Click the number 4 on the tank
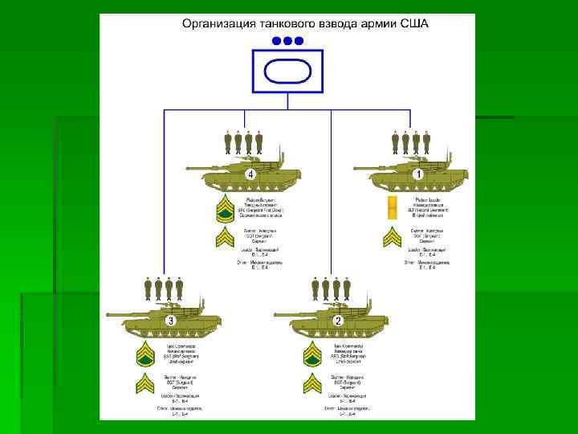tap(250, 174)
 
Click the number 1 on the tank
tap(417, 174)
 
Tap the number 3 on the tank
tap(171, 321)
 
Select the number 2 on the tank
tap(338, 321)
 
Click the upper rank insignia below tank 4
tap(226, 211)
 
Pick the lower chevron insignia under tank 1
tap(392, 239)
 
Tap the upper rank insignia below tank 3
tap(145, 354)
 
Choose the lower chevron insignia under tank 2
tap(312, 384)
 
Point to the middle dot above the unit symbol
tap(287, 40)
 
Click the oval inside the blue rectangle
tap(287, 72)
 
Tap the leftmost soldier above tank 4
tap(228, 142)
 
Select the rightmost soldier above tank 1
tap(426, 142)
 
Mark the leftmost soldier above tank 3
tap(149, 289)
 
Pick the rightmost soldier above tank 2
tap(347, 289)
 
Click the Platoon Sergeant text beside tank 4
tap(261, 199)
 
